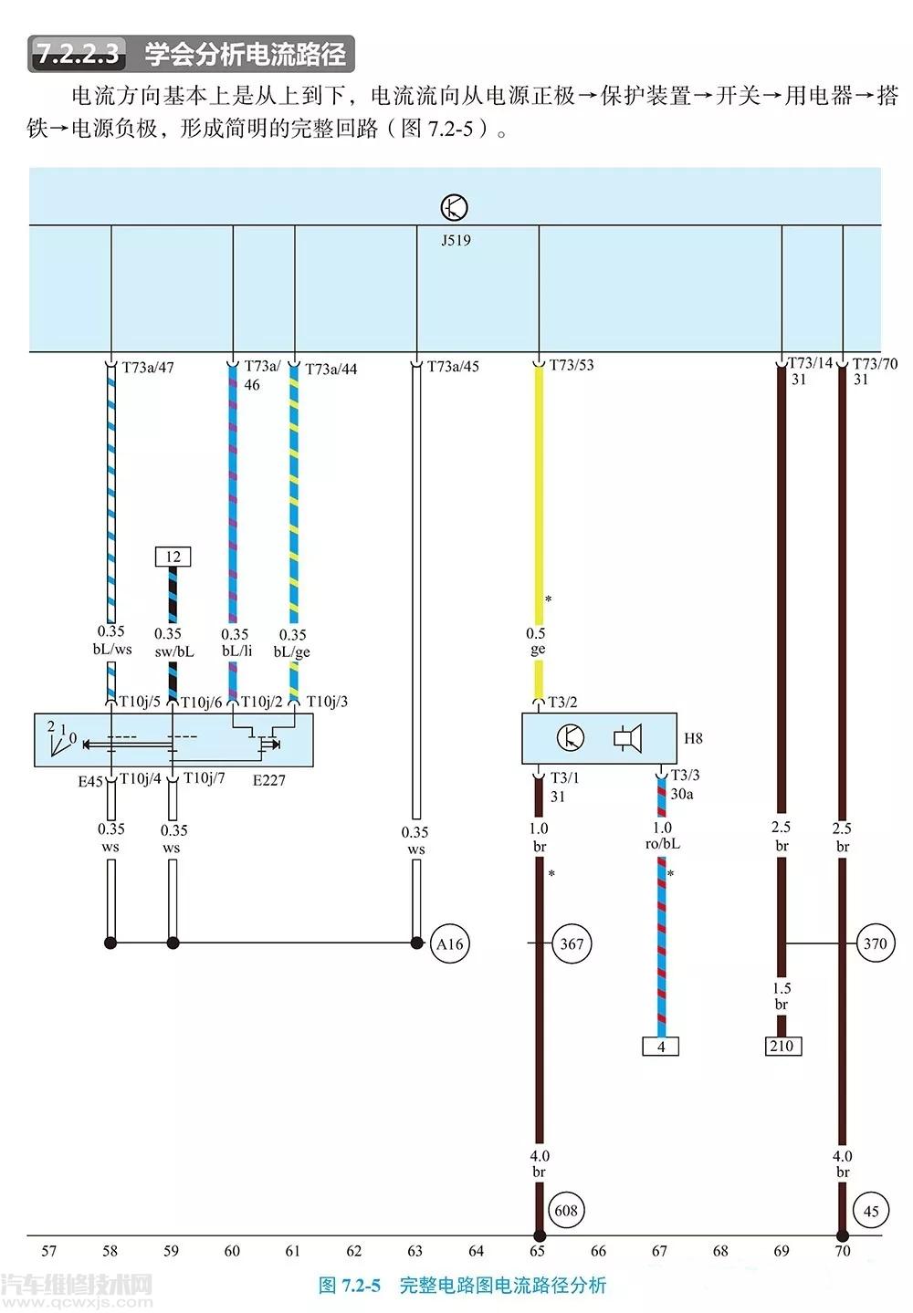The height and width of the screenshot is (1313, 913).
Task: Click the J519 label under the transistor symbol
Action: pos(455,241)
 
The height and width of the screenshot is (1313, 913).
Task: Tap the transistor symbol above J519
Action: pos(454,208)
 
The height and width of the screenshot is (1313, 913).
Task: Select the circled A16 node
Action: pos(449,944)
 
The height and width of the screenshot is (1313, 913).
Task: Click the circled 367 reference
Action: pos(572,943)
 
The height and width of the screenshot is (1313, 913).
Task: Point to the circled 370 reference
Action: pos(875,943)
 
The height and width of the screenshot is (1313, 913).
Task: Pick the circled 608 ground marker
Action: pos(566,1211)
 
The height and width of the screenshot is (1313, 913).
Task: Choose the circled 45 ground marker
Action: pos(870,1212)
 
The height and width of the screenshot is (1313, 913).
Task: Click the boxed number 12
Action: pos(173,557)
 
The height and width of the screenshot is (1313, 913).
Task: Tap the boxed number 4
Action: pos(661,1047)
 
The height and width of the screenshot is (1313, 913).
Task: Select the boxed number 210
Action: pos(782,1046)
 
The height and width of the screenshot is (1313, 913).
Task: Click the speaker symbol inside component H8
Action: pos(627,737)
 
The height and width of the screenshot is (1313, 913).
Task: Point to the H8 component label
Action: pos(693,738)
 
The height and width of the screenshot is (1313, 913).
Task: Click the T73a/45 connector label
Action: pos(453,367)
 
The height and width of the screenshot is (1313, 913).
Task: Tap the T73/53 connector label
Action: pos(572,365)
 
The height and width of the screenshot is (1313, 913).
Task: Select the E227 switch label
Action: pos(269,780)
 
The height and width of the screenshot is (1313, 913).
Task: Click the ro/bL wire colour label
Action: pos(662,844)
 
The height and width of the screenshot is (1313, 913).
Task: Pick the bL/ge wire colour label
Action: pos(292,651)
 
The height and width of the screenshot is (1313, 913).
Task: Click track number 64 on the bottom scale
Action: pos(476,1251)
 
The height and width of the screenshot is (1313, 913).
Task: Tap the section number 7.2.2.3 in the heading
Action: pos(79,54)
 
